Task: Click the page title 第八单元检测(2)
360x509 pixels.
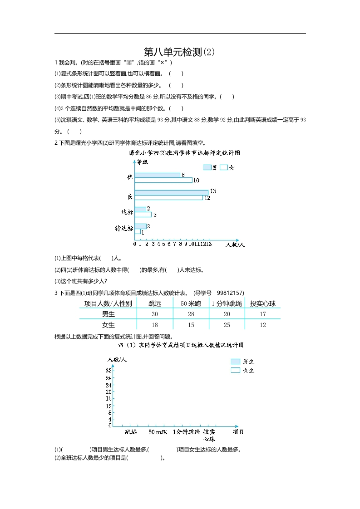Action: pyautogui.click(x=179, y=52)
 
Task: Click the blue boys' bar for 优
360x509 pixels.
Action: pyautogui.click(x=158, y=175)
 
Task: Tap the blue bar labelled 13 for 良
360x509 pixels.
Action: pyautogui.click(x=172, y=192)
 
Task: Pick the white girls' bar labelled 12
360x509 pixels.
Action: pyautogui.click(x=169, y=198)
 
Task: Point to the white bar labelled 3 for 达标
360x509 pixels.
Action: pyautogui.click(x=143, y=215)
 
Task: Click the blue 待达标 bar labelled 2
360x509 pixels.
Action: pyautogui.click(x=140, y=226)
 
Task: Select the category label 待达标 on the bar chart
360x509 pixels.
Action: pyautogui.click(x=124, y=229)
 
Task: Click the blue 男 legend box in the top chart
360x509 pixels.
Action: pyautogui.click(x=207, y=167)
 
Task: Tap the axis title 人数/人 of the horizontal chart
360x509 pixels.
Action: pyautogui.click(x=235, y=245)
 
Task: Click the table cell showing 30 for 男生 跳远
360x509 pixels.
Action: pyautogui.click(x=155, y=314)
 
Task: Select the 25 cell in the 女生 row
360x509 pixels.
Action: pyautogui.click(x=227, y=325)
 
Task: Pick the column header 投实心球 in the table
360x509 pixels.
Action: pyautogui.click(x=263, y=303)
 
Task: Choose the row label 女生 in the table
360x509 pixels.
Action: pyautogui.click(x=108, y=325)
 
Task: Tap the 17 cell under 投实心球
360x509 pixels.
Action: pyautogui.click(x=263, y=314)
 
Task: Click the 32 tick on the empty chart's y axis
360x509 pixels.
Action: pyautogui.click(x=109, y=371)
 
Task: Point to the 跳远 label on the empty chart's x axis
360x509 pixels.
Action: pyautogui.click(x=131, y=432)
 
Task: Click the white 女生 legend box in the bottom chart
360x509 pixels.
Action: pyautogui.click(x=235, y=370)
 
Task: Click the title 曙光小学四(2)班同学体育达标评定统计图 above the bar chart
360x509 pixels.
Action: pyautogui.click(x=184, y=153)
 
